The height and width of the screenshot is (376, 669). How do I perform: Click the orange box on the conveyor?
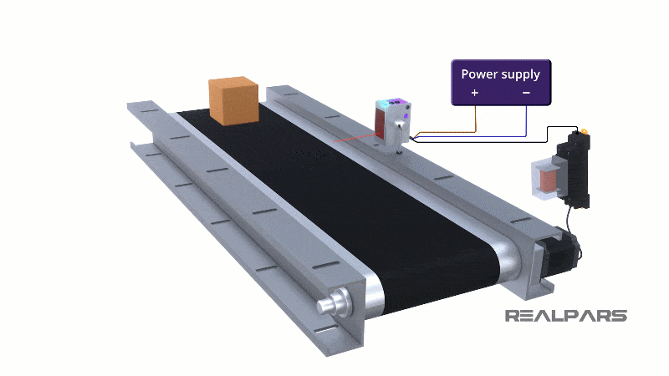232,101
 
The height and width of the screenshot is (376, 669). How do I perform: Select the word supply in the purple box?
521,74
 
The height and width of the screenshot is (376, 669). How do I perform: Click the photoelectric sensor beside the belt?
394,121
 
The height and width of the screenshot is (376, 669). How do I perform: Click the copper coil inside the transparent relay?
546,179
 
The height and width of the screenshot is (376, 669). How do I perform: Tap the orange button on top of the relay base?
585,130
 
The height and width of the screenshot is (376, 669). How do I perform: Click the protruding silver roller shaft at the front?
329,302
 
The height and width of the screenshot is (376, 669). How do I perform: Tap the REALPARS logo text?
565,316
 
